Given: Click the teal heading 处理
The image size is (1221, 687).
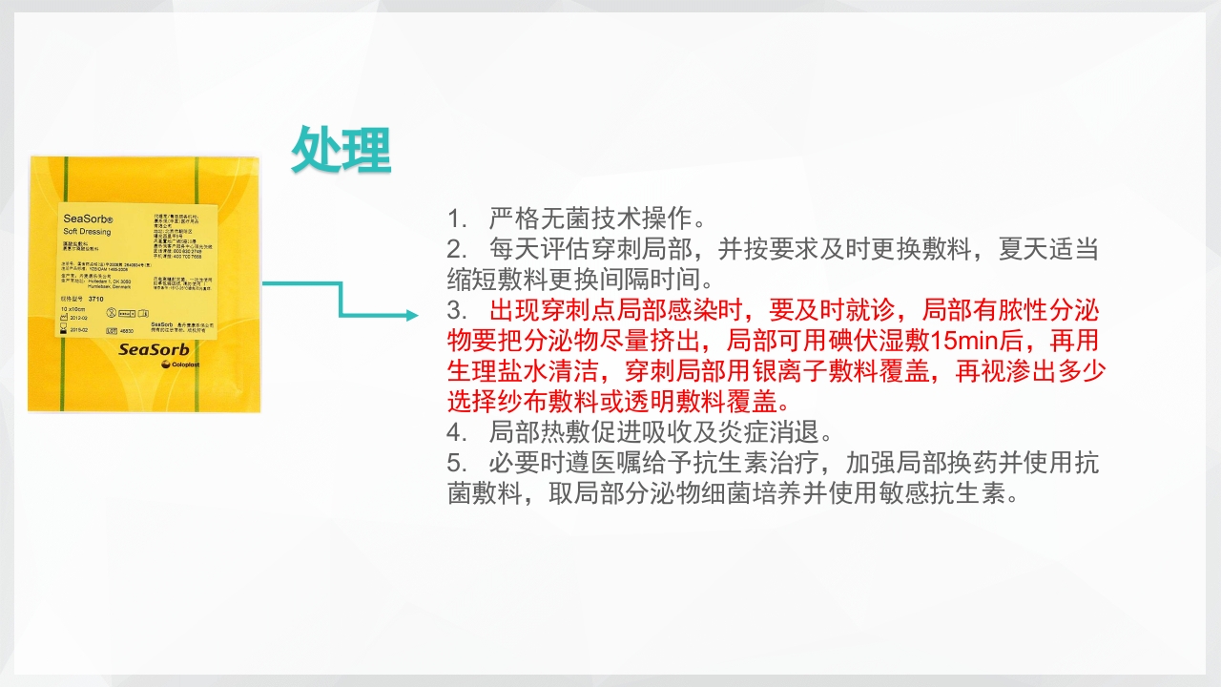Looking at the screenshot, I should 341,149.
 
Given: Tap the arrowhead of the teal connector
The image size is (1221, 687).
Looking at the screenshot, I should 411,315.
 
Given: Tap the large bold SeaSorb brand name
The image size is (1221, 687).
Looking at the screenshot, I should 154,349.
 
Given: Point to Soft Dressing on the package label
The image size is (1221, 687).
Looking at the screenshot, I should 87,232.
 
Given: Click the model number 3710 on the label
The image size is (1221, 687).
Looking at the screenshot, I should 94,299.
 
